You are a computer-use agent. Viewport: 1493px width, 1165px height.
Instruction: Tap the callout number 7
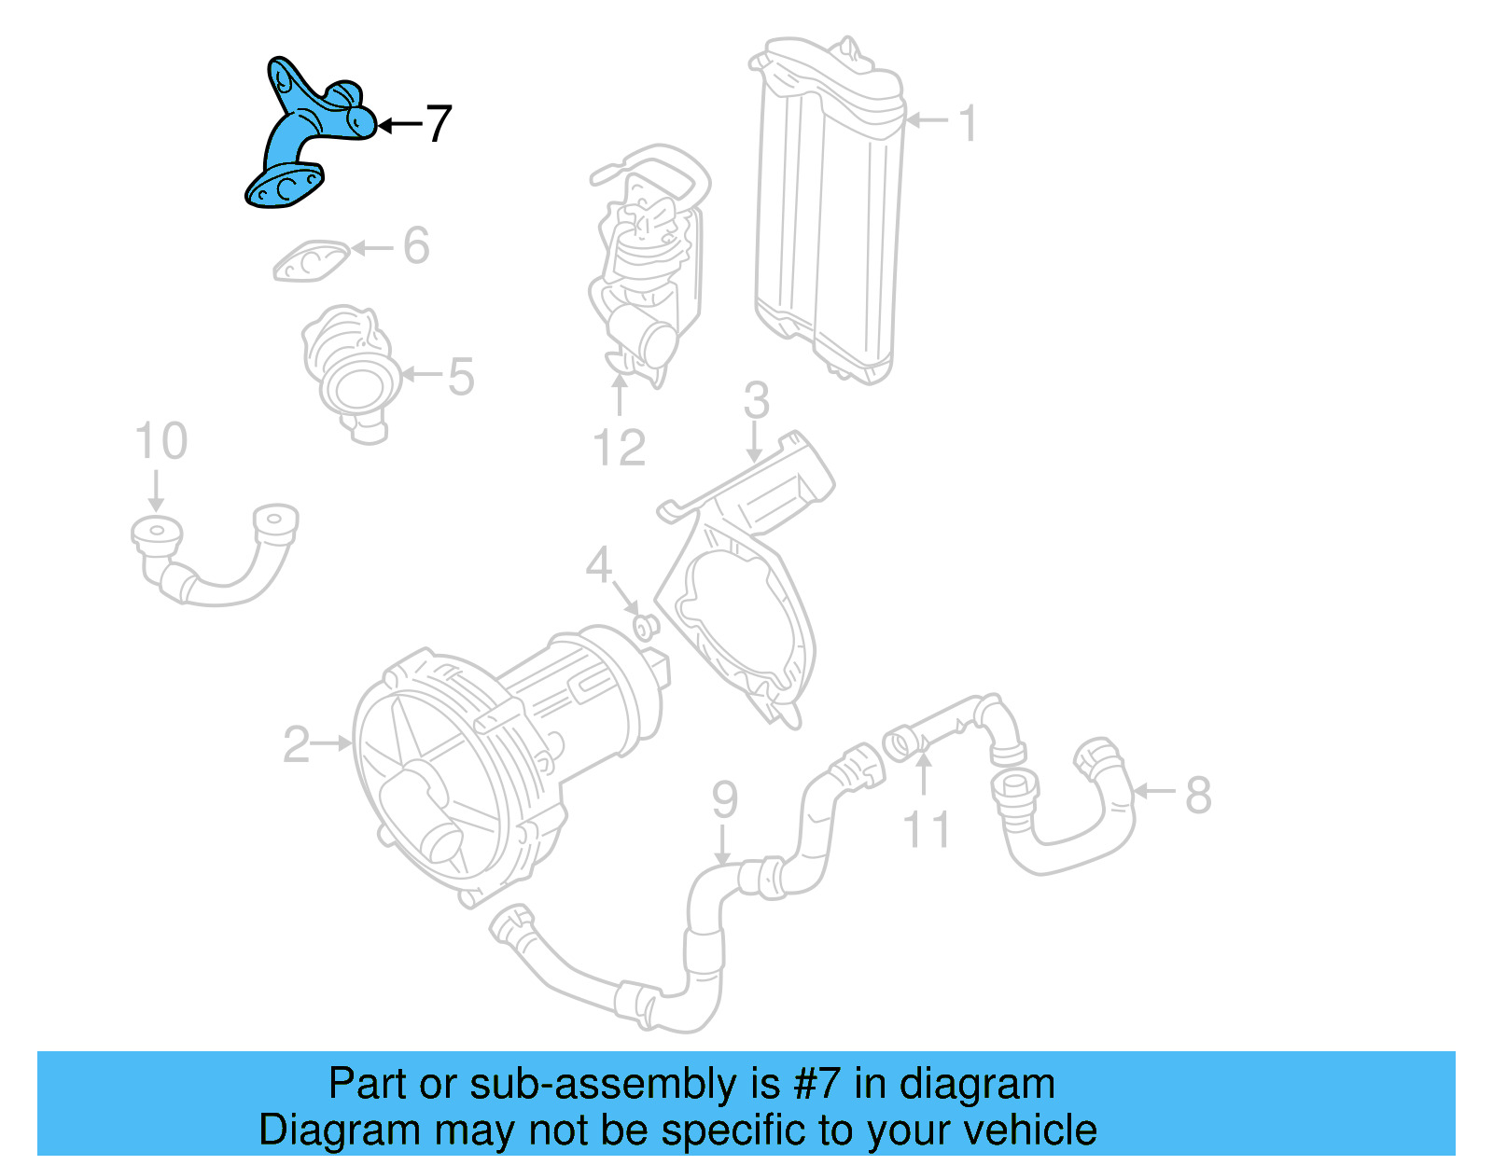coord(438,123)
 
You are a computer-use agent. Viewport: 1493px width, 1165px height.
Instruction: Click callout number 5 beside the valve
coord(461,376)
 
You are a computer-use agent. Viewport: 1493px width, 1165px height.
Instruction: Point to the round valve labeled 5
coord(351,373)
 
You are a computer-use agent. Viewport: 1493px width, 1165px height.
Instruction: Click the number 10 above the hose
coord(160,441)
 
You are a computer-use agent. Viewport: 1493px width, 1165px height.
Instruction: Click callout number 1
coord(969,123)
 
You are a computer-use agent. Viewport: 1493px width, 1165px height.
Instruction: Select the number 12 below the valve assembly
coord(620,449)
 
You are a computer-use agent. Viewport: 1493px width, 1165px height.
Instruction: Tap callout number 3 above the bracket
coord(756,401)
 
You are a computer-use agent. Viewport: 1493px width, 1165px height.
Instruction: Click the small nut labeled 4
coord(646,626)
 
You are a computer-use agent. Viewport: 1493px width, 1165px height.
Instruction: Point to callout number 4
coord(598,565)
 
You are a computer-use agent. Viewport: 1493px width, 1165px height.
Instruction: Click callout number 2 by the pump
coord(296,744)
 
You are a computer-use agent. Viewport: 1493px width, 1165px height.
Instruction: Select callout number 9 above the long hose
coord(724,800)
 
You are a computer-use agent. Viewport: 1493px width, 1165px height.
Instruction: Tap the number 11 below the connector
coord(926,830)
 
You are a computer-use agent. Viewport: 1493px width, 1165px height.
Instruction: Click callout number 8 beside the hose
coord(1198,796)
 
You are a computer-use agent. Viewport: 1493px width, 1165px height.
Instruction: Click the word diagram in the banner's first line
coord(977,1084)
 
